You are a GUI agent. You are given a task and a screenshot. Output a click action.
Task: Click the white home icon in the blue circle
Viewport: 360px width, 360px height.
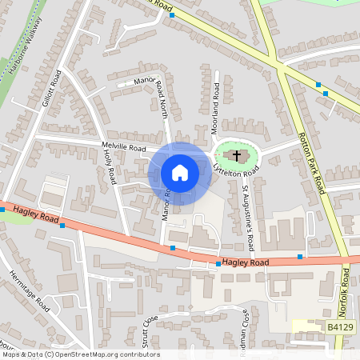click(180, 173)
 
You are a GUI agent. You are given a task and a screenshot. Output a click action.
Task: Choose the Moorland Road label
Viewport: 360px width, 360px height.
click(216, 98)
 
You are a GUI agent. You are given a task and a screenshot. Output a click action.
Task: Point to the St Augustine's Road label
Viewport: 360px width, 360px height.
click(249, 218)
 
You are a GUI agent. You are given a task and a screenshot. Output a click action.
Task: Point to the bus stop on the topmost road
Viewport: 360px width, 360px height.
click(171, 15)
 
